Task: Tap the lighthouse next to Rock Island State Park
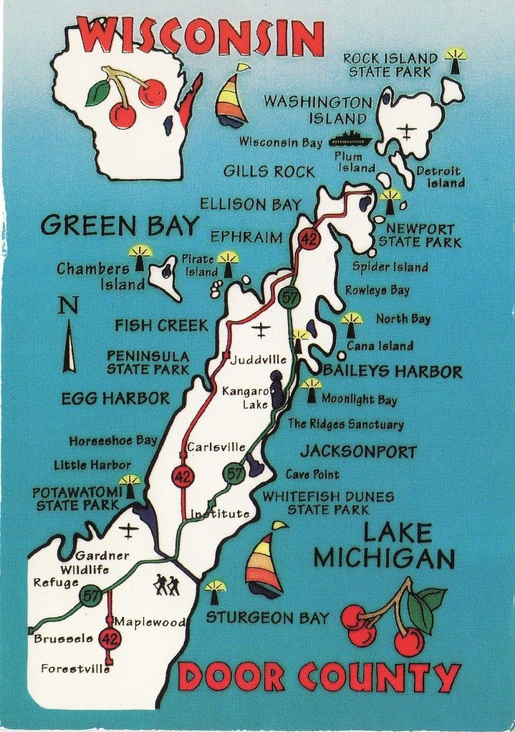(455, 61)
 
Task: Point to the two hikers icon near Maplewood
(166, 585)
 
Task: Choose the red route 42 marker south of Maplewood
(110, 638)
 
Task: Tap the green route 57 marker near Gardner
(90, 595)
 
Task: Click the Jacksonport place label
(358, 452)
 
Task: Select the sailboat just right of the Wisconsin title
(231, 97)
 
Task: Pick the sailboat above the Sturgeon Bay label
(265, 560)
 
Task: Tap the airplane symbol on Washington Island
(407, 132)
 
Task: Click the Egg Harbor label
(115, 399)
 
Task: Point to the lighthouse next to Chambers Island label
(140, 257)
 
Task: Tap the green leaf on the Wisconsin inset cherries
(97, 93)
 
